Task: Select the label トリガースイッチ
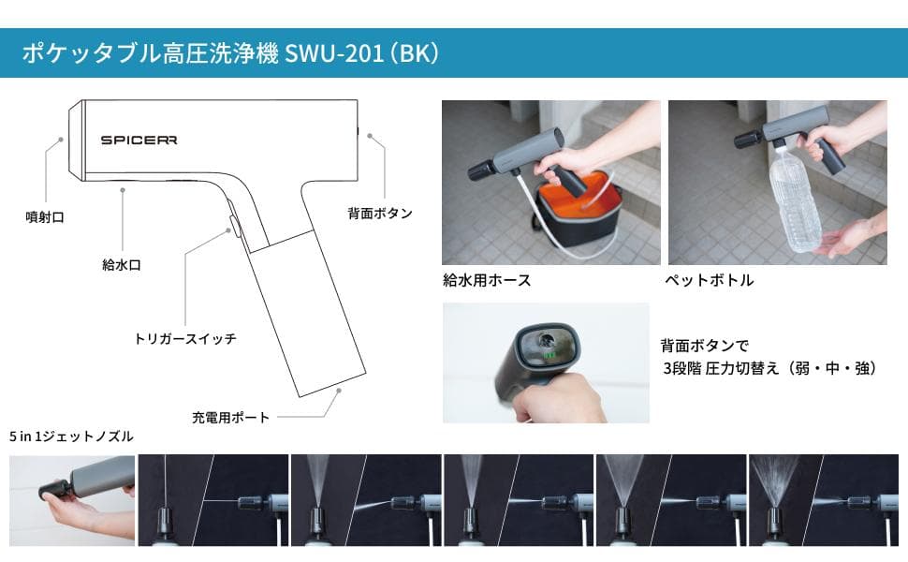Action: click(185, 338)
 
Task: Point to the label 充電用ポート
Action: click(230, 417)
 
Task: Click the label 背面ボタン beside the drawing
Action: click(379, 214)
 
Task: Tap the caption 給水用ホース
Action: click(487, 280)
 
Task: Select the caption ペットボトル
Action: click(709, 280)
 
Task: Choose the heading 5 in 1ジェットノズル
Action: click(71, 436)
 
